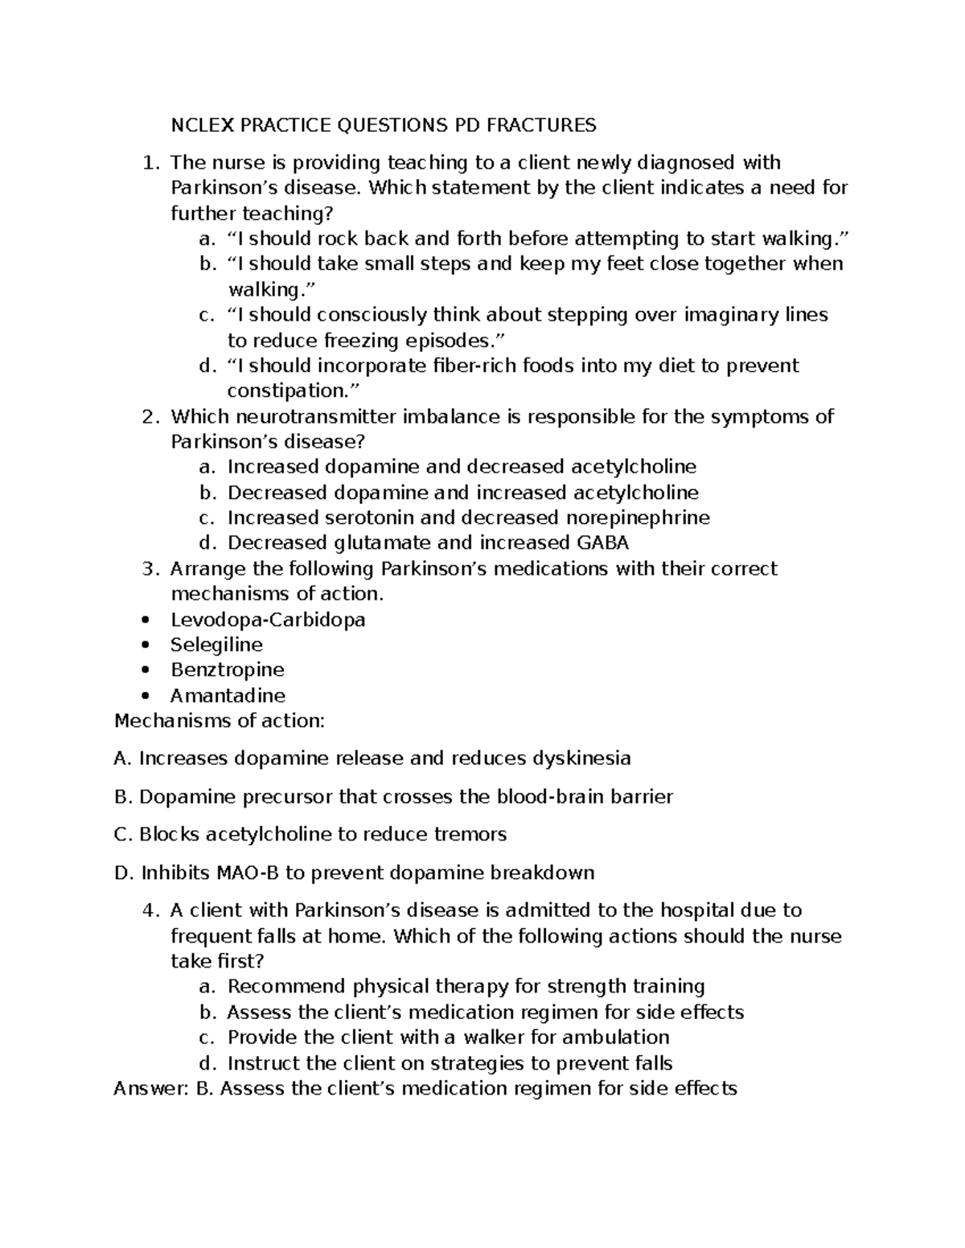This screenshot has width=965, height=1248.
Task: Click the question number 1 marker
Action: tap(149, 163)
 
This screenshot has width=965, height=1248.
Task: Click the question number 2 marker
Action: tap(149, 416)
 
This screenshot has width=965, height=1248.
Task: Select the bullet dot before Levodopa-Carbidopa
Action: tap(145, 620)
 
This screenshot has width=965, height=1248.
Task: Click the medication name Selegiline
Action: tap(216, 645)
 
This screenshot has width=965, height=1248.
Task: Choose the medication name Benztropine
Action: tap(227, 670)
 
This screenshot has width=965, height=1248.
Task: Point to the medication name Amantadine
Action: tap(228, 696)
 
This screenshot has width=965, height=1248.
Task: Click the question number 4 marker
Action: tap(149, 910)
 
